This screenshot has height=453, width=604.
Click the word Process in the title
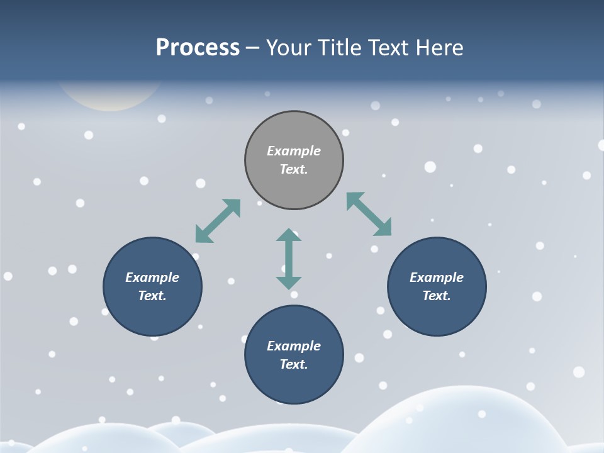(198, 48)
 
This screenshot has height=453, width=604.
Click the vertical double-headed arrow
(289, 259)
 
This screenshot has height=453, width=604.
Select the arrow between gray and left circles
(218, 221)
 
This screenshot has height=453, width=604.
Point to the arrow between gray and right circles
(369, 214)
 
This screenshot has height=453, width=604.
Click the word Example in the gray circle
(294, 151)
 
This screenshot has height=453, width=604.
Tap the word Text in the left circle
(152, 296)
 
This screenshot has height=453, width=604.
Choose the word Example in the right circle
(437, 277)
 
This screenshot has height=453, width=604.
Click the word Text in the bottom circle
(294, 364)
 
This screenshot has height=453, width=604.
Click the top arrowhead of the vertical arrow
(289, 235)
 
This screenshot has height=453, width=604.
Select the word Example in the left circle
(152, 277)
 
